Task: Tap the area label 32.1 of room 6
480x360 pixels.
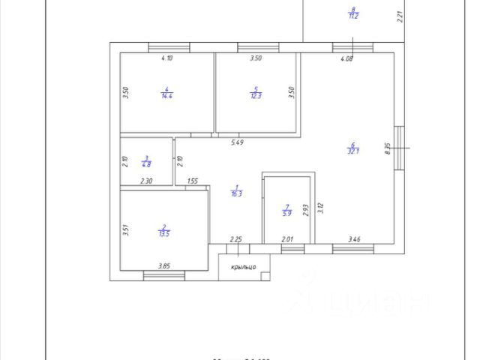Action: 352,150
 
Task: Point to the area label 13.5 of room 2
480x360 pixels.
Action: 163,233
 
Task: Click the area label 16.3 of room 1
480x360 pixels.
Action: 236,193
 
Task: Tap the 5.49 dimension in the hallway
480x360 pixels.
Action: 237,142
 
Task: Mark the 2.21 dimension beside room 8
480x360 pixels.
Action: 400,14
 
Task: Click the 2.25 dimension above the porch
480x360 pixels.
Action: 235,239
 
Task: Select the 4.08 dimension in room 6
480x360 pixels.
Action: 347,58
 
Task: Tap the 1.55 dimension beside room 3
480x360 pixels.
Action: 193,181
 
